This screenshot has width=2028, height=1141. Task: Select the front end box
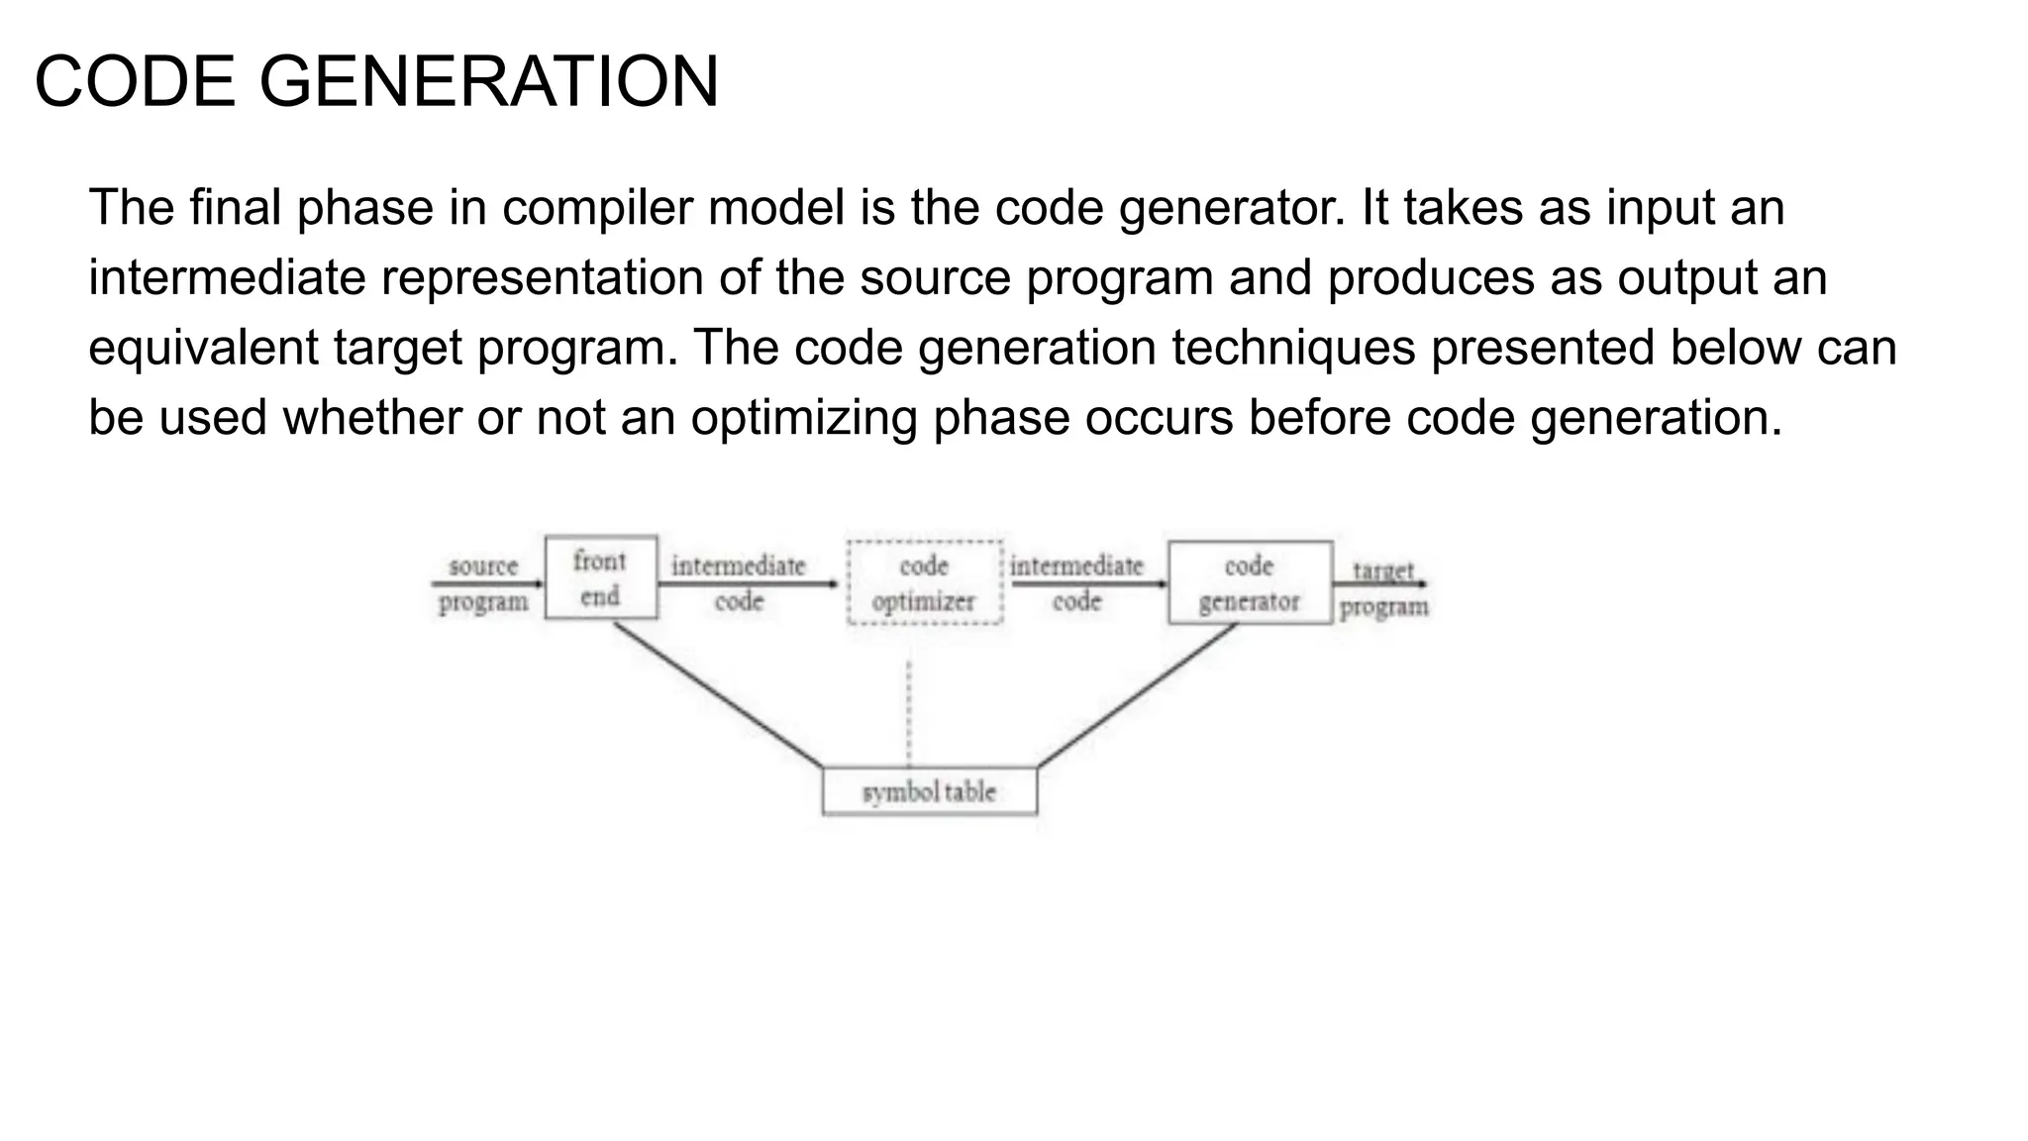pos(601,578)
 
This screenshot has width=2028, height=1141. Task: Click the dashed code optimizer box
pos(924,583)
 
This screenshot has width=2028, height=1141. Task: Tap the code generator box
pos(1250,583)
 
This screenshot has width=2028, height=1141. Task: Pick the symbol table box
pos(929,792)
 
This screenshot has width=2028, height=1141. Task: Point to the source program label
pos(483,584)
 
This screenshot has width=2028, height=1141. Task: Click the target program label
pos(1383,588)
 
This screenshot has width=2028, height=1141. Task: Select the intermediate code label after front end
pos(739,583)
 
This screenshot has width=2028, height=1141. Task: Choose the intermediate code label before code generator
pos(1076,583)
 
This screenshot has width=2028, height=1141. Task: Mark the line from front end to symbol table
pos(718,694)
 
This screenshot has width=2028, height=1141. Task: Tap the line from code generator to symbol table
pos(1137,694)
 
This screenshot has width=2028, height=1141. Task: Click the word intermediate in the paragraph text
pos(227,278)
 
